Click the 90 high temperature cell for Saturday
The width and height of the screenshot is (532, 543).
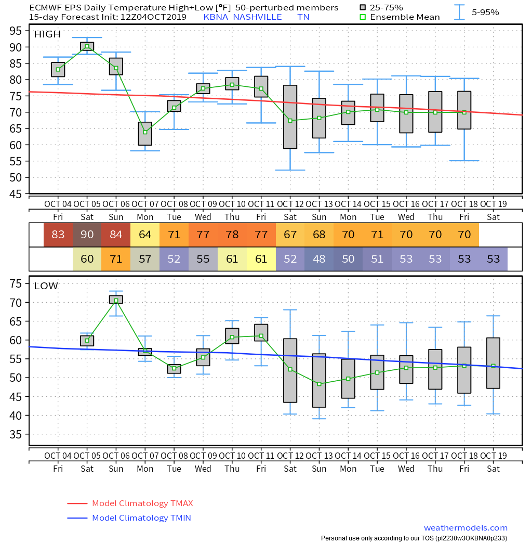click(x=87, y=235)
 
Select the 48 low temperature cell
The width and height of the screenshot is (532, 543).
click(x=319, y=258)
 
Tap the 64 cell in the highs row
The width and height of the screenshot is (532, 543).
click(x=145, y=235)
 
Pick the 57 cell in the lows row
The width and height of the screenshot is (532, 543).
click(x=145, y=258)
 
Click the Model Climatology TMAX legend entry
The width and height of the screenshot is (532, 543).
click(x=142, y=503)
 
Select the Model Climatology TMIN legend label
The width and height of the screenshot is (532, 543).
click(x=141, y=518)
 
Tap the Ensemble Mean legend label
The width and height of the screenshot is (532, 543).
click(x=405, y=17)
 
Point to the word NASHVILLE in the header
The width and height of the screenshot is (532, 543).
click(x=257, y=17)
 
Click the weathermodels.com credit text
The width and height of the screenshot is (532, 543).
click(x=465, y=528)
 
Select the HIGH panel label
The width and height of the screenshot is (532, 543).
click(x=47, y=34)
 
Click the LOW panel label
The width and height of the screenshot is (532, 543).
click(x=46, y=286)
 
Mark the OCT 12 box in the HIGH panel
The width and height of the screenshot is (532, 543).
click(x=290, y=117)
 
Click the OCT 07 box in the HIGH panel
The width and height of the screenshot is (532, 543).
click(x=145, y=134)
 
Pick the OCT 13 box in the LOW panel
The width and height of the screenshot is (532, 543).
click(x=319, y=380)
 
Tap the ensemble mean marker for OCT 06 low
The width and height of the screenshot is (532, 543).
click(x=116, y=301)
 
